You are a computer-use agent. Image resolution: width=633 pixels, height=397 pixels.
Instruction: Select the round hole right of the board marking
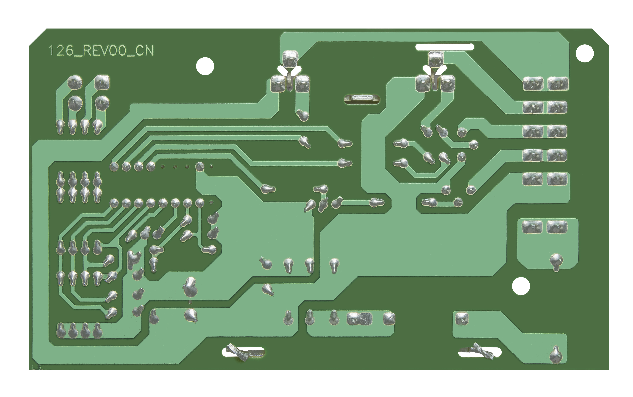pos(205,66)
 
